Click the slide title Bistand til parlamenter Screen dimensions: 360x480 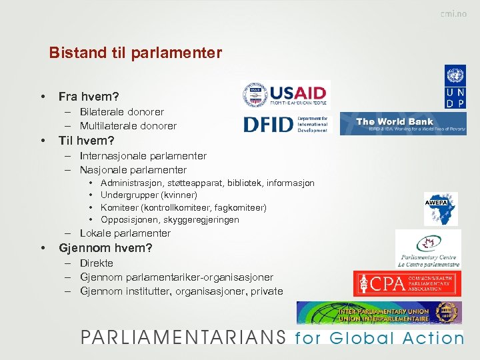click(x=135, y=53)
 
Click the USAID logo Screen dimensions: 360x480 click(x=285, y=95)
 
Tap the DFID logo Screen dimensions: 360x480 click(x=285, y=124)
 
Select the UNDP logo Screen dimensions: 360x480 click(x=455, y=87)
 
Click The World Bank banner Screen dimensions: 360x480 click(x=403, y=123)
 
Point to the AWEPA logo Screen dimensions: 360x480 click(x=441, y=209)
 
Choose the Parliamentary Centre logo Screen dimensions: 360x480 click(x=428, y=249)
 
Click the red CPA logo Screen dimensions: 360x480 click(x=407, y=284)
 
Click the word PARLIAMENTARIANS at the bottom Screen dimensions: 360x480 click(x=184, y=337)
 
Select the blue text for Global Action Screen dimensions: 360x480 click(x=379, y=338)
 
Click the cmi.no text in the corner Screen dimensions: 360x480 click(x=453, y=15)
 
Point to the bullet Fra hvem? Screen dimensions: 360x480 click(x=89, y=97)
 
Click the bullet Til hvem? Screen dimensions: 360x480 click(x=87, y=141)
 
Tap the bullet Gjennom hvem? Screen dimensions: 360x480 click(x=105, y=248)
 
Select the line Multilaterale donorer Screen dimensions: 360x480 click(x=128, y=125)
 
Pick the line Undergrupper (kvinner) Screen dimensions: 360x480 click(x=148, y=195)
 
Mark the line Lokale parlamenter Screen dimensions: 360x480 click(x=125, y=233)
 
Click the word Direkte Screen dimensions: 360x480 click(x=96, y=263)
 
